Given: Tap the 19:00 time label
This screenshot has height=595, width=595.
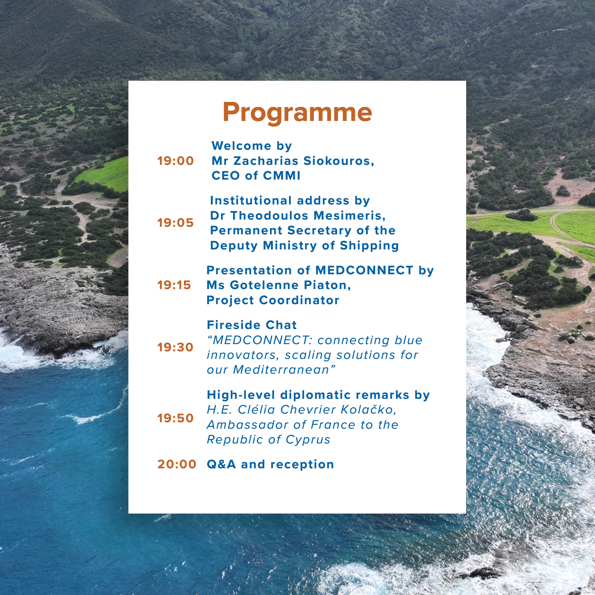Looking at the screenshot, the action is (x=176, y=161).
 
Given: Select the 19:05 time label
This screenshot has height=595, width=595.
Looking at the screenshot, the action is (x=176, y=223).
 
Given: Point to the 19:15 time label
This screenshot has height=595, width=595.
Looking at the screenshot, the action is (x=174, y=285).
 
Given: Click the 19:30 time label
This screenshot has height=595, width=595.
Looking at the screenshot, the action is (x=176, y=347).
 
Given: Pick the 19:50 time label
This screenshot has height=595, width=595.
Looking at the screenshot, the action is (x=176, y=418).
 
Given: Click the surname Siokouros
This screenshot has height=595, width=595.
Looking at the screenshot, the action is (x=339, y=161).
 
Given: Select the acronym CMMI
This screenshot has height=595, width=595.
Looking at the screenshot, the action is (x=282, y=176).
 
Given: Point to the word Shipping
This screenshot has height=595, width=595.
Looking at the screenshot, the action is (x=369, y=246).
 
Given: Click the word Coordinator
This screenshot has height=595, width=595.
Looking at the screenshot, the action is (x=299, y=300).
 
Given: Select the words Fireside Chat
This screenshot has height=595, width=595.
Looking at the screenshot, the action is (x=252, y=325).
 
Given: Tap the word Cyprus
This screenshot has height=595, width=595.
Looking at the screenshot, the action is (x=308, y=440).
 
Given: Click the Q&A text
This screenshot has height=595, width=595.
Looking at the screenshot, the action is (x=221, y=464).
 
